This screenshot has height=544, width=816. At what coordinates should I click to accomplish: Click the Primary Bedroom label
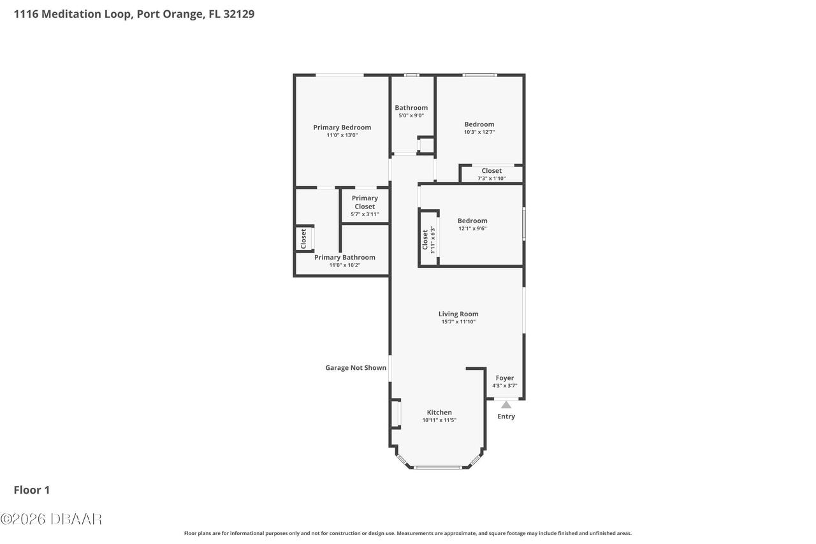[342, 128]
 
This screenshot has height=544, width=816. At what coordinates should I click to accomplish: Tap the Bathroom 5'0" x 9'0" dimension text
[411, 115]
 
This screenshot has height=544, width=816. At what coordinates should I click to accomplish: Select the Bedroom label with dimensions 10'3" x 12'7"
[479, 124]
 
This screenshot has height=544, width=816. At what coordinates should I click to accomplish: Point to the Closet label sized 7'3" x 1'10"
[492, 171]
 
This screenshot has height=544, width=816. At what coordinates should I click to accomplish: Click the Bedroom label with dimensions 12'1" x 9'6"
[472, 221]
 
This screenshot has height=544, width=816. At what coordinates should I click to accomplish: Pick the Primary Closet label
[365, 202]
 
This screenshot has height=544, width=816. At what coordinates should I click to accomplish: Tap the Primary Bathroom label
[344, 257]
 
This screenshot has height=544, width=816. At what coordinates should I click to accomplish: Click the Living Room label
[458, 314]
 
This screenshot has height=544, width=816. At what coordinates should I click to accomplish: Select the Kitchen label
[439, 413]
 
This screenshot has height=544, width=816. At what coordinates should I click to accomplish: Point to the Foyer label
[504, 378]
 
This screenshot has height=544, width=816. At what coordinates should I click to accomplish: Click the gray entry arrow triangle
[506, 404]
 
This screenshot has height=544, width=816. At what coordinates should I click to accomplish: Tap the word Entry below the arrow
[506, 416]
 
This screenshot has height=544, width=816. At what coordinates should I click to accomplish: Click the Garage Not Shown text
[356, 367]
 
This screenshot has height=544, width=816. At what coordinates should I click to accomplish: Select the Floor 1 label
[32, 490]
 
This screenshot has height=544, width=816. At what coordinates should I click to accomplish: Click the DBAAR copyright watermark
[51, 519]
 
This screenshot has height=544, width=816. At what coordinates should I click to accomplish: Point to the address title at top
[135, 14]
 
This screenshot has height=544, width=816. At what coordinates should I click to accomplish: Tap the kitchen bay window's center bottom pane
[437, 467]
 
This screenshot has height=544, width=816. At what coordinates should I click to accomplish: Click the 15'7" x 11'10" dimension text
[458, 322]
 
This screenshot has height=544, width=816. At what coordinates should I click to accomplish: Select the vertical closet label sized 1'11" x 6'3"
[428, 240]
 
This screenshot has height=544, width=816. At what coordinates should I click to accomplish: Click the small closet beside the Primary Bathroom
[304, 239]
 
